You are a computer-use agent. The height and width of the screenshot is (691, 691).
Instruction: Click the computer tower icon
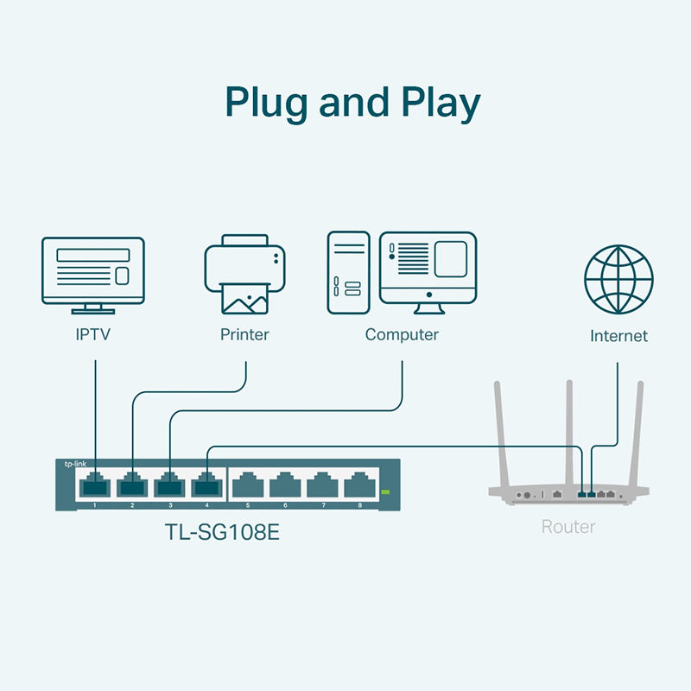[x=348, y=272]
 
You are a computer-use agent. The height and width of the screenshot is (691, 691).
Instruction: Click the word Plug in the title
[x=265, y=104]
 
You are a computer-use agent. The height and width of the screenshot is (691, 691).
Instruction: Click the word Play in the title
[x=436, y=104]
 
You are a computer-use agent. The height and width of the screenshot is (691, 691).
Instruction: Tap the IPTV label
[x=93, y=334]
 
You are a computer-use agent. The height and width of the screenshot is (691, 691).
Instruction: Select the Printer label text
[x=244, y=334]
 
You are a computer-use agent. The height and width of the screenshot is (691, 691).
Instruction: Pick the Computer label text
[x=402, y=334]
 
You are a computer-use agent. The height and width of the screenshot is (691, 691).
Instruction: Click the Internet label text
[x=618, y=336]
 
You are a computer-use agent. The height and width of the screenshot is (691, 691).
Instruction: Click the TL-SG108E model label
[x=223, y=531]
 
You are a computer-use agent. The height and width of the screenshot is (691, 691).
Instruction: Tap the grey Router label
[x=567, y=525]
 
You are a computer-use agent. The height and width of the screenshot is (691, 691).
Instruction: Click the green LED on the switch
[x=385, y=492]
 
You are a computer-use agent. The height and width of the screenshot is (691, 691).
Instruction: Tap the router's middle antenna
[x=568, y=432]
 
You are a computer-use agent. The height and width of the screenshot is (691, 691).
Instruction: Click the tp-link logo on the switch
[x=75, y=465]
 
